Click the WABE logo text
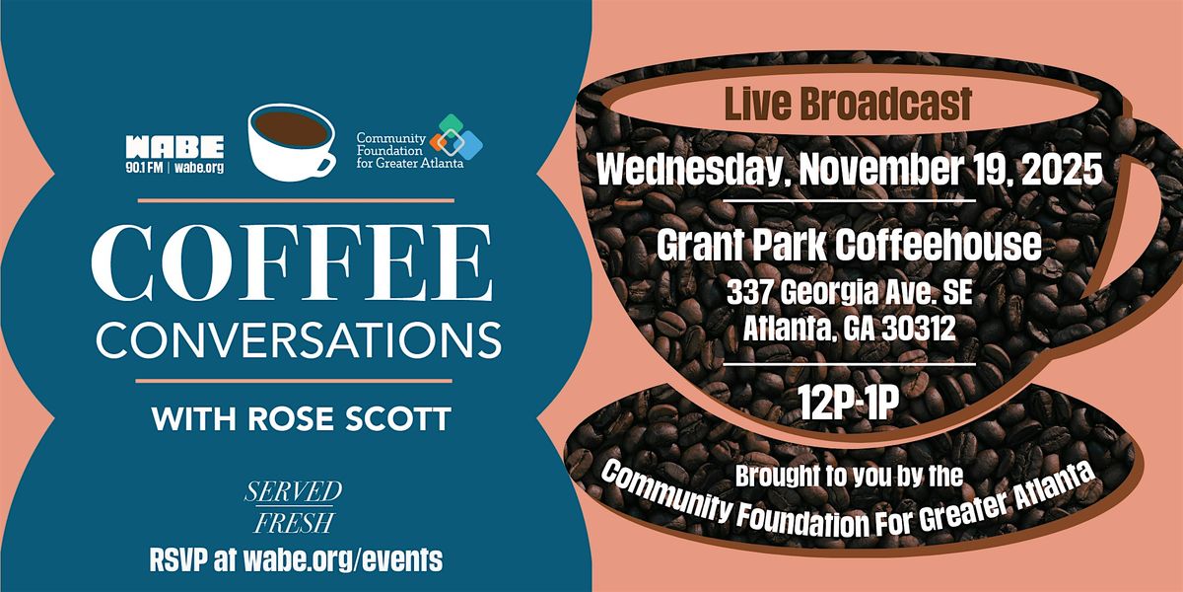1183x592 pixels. click(174, 147)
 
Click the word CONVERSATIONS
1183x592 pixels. click(299, 341)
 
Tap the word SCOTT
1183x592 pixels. click(398, 419)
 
